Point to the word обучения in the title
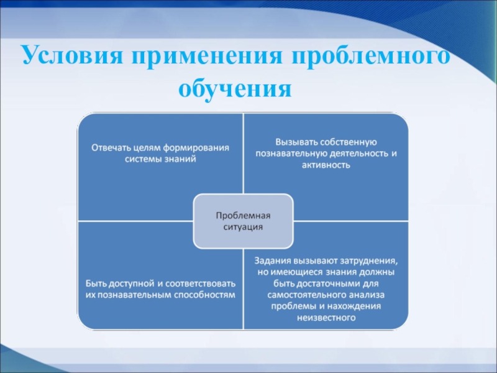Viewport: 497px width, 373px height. [x=235, y=88]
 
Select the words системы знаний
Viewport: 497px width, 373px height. [x=160, y=159]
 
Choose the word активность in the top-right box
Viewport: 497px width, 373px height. [x=326, y=165]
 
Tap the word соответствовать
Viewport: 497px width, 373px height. [x=198, y=283]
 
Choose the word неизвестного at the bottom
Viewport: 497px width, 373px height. [x=326, y=318]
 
